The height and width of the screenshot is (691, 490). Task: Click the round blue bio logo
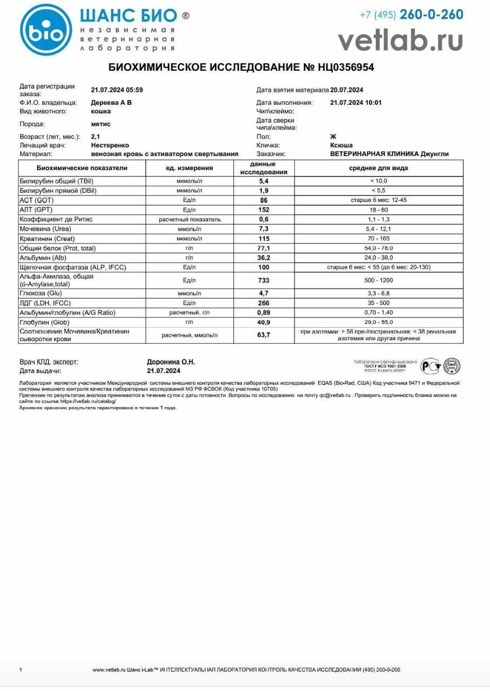pyautogui.click(x=45, y=30)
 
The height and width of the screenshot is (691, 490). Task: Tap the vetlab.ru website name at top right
pyautogui.click(x=400, y=40)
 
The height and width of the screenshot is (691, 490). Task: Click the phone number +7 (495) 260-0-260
pyautogui.click(x=411, y=15)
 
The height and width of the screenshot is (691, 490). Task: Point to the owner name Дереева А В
pyautogui.click(x=111, y=103)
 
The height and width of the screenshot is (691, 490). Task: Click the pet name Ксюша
pyautogui.click(x=341, y=145)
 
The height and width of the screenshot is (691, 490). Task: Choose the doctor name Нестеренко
pyautogui.click(x=110, y=145)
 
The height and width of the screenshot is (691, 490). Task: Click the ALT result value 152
pyautogui.click(x=264, y=210)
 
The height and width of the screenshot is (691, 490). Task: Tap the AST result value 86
pyautogui.click(x=264, y=200)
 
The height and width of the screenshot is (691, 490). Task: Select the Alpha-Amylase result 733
pyautogui.click(x=264, y=281)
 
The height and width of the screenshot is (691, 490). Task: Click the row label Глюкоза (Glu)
pyautogui.click(x=41, y=293)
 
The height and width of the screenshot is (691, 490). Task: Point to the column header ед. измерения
pyautogui.click(x=189, y=168)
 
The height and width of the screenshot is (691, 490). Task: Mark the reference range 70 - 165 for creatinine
pyautogui.click(x=378, y=239)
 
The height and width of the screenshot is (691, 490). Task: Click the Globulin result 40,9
pyautogui.click(x=264, y=322)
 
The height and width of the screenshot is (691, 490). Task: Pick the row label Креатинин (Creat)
pyautogui.click(x=47, y=239)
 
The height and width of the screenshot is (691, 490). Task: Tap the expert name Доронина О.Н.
pyautogui.click(x=171, y=362)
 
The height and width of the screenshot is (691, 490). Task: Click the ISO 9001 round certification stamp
pyautogui.click(x=451, y=366)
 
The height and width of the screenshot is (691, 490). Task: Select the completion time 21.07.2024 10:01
pyautogui.click(x=356, y=103)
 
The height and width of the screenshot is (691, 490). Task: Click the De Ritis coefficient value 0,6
pyautogui.click(x=264, y=220)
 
